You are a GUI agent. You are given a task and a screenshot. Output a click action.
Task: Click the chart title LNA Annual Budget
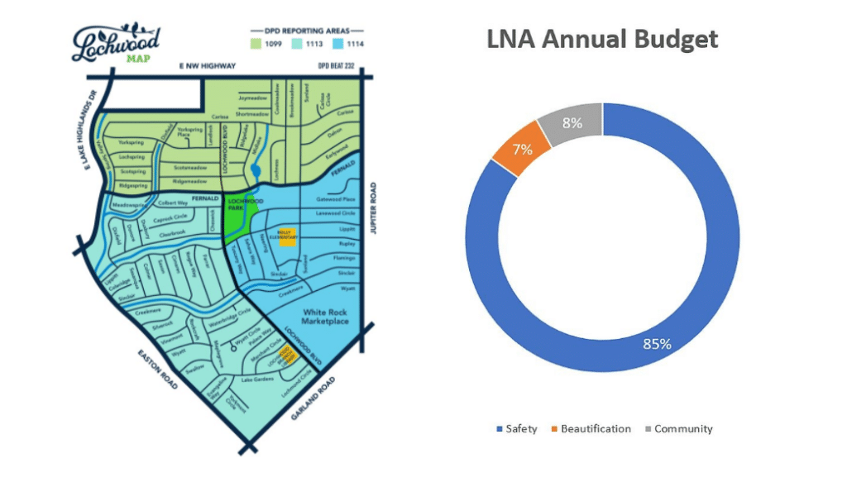[601, 39]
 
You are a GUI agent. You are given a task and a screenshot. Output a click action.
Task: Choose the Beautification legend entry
[591, 429]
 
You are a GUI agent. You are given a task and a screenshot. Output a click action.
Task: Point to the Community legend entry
[677, 429]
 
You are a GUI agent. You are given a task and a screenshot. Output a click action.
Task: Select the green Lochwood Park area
[237, 219]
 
